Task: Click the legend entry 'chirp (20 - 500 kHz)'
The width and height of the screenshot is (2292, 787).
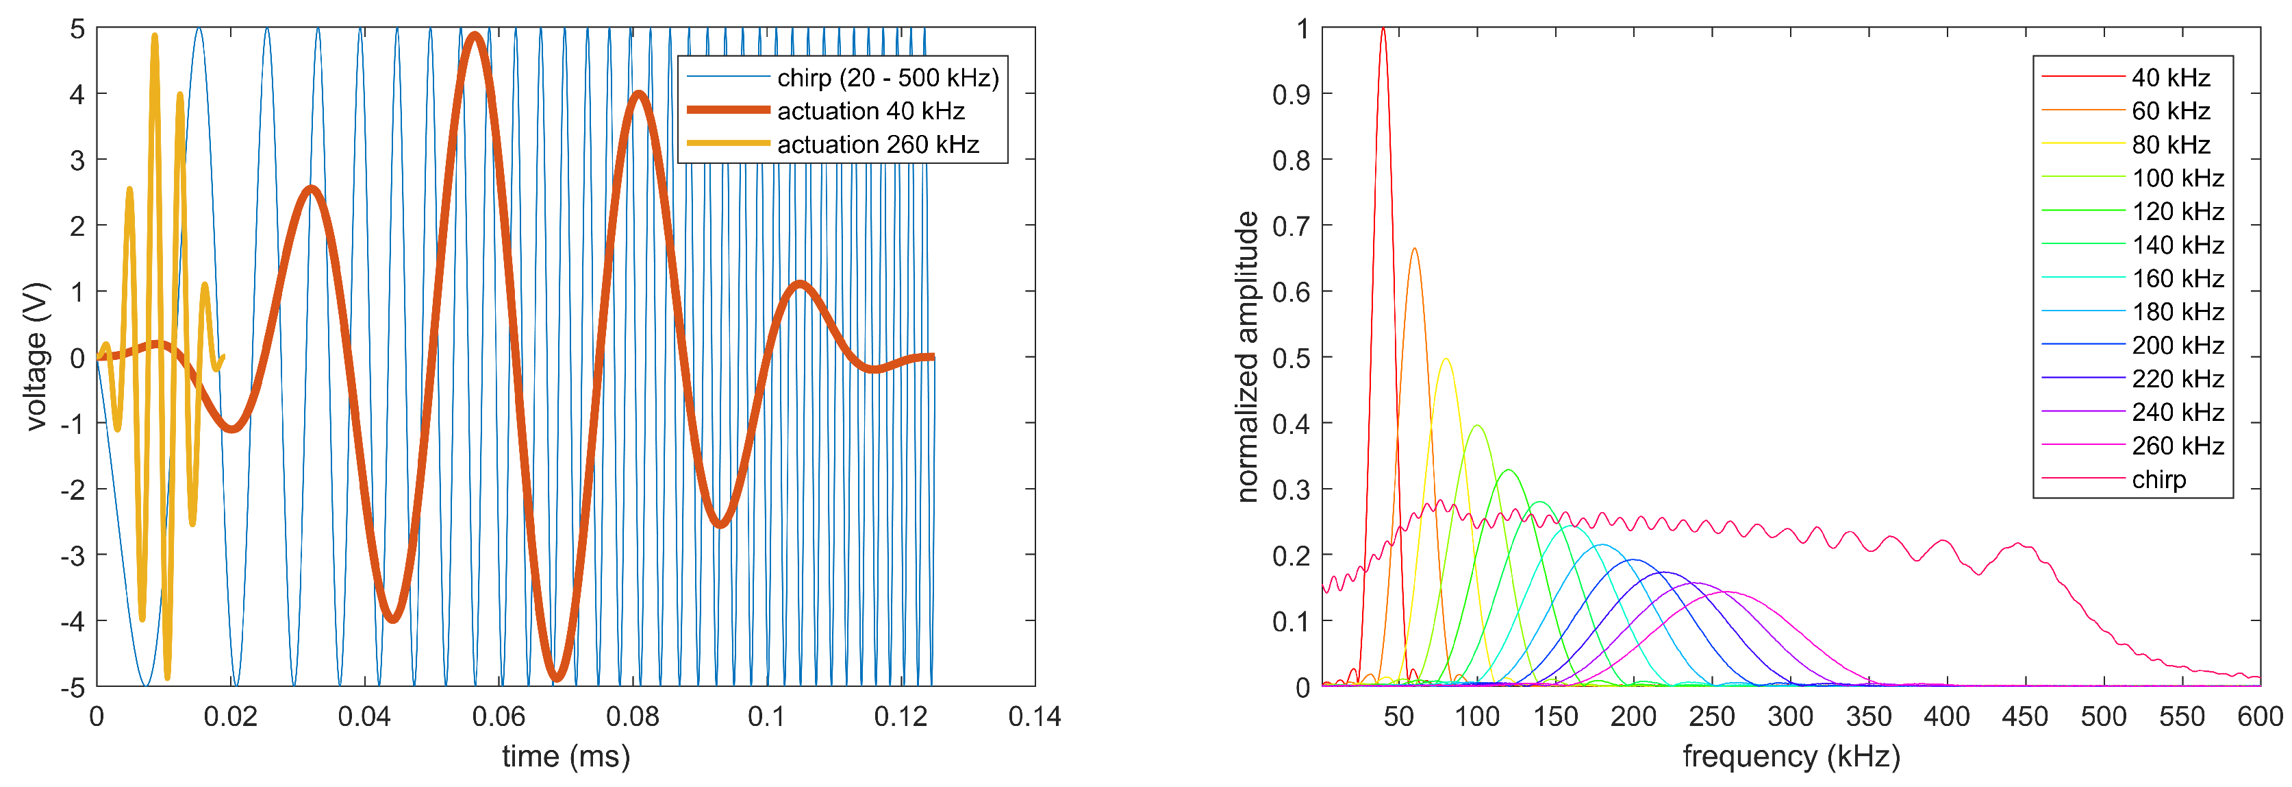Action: [x=887, y=78]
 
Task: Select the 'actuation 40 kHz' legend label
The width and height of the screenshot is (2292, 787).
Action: [x=870, y=111]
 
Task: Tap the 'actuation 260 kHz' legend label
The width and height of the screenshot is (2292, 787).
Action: [x=877, y=144]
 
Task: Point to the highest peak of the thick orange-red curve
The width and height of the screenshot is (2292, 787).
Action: [x=475, y=36]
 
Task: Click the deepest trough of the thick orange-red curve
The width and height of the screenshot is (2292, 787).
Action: [x=557, y=677]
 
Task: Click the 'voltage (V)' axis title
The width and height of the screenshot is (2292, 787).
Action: [x=36, y=356]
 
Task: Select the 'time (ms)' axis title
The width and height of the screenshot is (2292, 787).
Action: [x=566, y=757]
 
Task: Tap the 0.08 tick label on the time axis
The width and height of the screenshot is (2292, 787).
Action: [x=633, y=716]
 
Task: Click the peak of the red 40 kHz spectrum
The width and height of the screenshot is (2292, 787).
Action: [x=1383, y=29]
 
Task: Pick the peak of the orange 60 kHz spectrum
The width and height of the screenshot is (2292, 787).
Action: [x=1414, y=250]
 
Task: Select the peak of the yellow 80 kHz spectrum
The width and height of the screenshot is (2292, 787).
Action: [x=1445, y=360]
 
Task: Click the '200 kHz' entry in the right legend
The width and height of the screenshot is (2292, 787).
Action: [x=2177, y=346]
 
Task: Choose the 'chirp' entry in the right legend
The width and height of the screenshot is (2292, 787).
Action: [x=2158, y=480]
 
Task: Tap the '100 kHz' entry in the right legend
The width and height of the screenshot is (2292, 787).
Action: [x=2177, y=178]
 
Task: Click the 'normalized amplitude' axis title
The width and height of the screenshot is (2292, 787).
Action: [x=1248, y=356]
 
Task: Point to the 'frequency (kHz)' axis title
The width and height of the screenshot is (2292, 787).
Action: [x=1790, y=757]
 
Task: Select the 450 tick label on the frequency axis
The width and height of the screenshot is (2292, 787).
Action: [x=2025, y=716]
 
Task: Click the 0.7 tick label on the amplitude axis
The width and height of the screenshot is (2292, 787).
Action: [x=1290, y=226]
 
